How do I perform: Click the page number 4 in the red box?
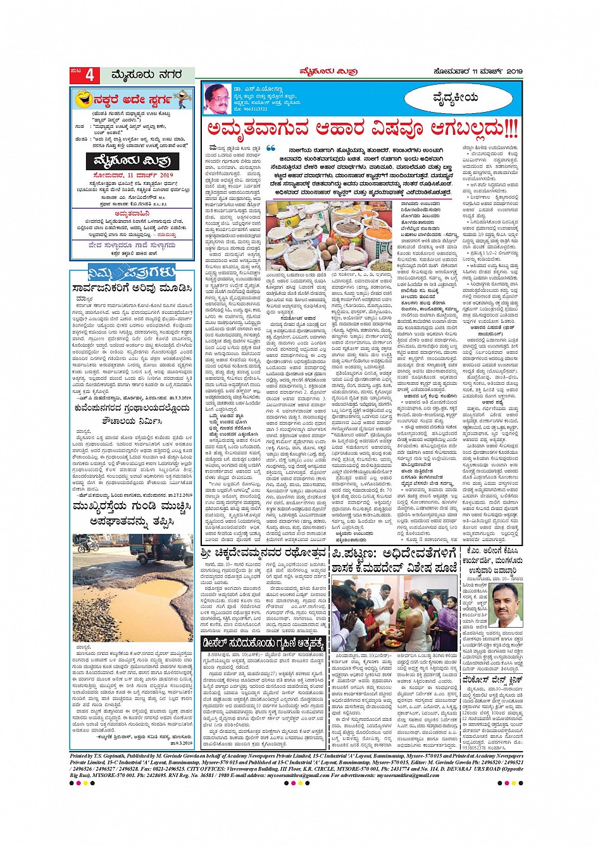point(89,75)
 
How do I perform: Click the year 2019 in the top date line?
point(514,71)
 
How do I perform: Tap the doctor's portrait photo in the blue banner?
point(217,99)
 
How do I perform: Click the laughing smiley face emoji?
point(82,99)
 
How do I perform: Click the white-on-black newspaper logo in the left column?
point(133,161)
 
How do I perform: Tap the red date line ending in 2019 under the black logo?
point(133,175)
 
